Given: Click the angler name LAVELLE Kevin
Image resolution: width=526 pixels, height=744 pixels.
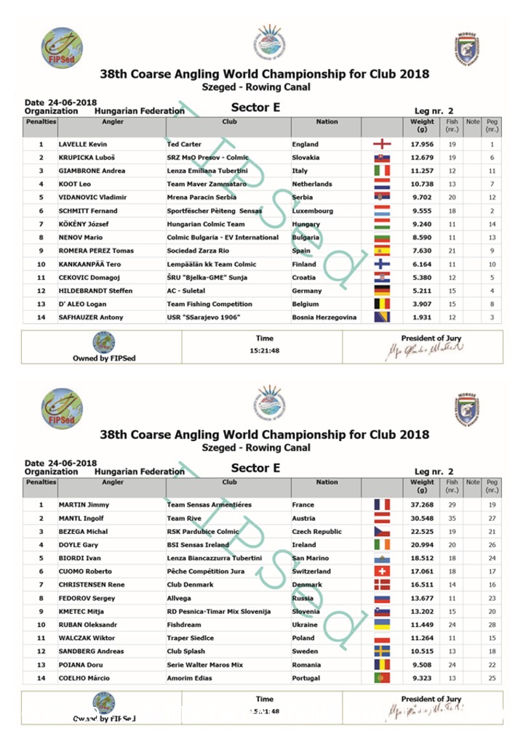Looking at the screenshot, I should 82,145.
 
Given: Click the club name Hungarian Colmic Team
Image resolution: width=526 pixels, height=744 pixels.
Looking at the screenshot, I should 206,225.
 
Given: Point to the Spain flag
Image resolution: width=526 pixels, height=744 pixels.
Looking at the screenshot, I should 382,251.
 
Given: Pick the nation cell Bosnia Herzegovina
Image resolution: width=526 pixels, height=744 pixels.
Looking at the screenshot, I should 324,318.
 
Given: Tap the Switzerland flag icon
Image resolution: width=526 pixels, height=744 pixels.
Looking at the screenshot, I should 382,572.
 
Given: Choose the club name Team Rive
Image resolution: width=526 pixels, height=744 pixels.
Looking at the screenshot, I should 184,519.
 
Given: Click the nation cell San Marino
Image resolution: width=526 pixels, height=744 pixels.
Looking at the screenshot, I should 314,559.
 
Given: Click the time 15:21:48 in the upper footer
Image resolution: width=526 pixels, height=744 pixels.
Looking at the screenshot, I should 265,351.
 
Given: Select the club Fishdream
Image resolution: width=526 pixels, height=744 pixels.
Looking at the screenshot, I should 184,625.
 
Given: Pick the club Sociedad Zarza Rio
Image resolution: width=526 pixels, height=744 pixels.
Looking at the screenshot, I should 198,251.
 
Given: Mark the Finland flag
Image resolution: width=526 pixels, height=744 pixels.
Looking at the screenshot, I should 382,264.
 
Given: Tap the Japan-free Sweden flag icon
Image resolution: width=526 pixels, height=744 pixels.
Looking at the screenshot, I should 382,652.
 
